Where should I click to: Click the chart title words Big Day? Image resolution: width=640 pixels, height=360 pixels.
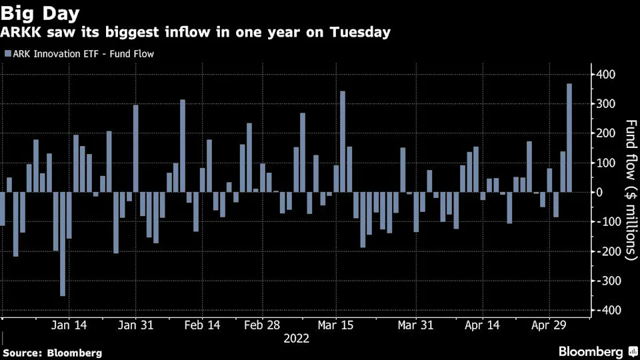[x=40, y=13]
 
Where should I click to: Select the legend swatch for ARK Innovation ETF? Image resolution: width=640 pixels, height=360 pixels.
[x=7, y=53]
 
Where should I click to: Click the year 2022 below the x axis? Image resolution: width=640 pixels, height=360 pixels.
[x=296, y=339]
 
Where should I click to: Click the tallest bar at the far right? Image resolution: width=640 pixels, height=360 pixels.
[x=569, y=138]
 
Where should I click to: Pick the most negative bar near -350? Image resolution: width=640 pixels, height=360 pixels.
[x=63, y=243]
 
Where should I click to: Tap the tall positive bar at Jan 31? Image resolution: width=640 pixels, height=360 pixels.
[x=135, y=149]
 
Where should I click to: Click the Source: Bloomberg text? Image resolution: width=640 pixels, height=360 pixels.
[x=53, y=352]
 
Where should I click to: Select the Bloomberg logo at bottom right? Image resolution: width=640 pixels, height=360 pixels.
[x=590, y=351]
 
